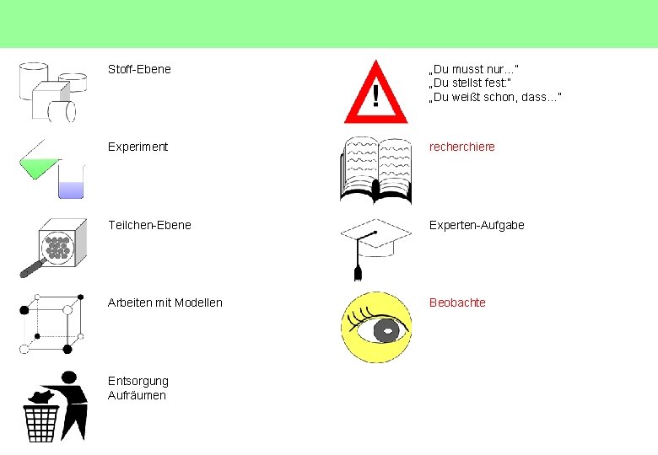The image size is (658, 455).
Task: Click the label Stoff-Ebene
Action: pos(139,69)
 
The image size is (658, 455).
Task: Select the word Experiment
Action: pos(138,147)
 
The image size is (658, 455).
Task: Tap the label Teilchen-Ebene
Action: pos(149,225)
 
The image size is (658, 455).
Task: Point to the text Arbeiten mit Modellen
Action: pos(165,302)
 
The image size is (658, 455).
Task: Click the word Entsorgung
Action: pos(138,381)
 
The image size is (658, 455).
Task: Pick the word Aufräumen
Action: pos(138,395)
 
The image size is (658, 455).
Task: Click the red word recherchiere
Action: pos(462,147)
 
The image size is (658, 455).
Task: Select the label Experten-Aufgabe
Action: pos(477,225)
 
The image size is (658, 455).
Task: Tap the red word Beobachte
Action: pos(457,302)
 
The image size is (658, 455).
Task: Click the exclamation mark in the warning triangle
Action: pos(375,95)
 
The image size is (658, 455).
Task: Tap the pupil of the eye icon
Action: pos(387,331)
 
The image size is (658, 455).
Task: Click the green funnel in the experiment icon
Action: pos(38,163)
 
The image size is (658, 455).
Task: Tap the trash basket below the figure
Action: pos(41,424)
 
